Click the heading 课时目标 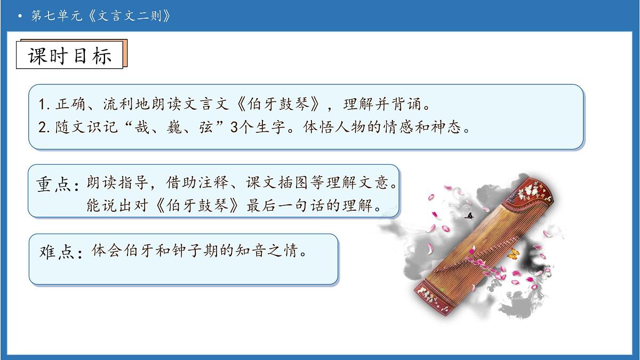(x=70, y=55)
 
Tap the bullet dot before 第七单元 (x=20, y=17)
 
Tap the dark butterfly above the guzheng (x=470, y=216)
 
